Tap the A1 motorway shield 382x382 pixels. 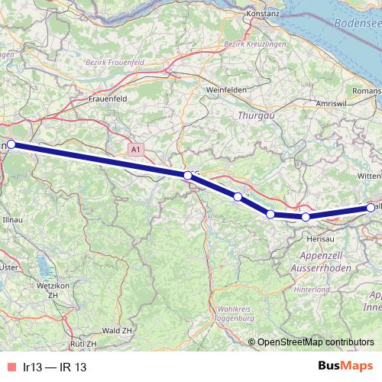tap(135, 151)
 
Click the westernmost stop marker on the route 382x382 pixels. tap(11, 144)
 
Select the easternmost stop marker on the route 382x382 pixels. tap(371, 208)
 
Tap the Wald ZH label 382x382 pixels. tap(116, 330)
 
